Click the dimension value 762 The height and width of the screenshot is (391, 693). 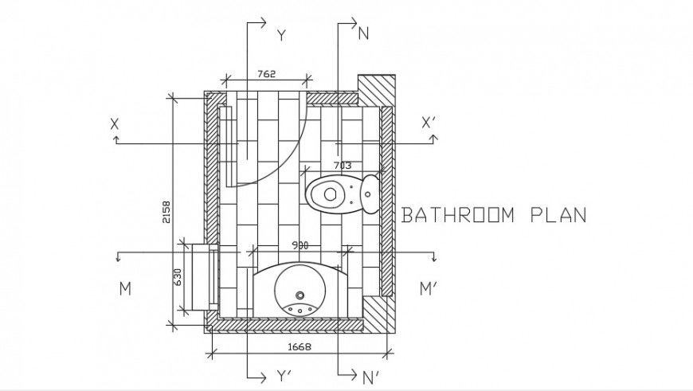pos(267,74)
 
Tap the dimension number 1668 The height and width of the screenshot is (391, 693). pos(299,346)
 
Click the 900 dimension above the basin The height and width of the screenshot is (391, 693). pos(300,245)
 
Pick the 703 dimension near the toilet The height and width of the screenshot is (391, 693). pos(341,165)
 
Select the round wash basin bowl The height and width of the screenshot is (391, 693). pos(300,289)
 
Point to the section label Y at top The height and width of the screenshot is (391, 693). pos(280,35)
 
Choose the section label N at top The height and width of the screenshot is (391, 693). pos(364,33)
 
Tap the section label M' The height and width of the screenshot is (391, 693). pos(429,289)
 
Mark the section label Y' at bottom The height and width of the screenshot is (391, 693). pos(282,376)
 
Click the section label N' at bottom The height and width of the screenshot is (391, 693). pos(370,376)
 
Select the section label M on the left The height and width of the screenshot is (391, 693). pos(125,289)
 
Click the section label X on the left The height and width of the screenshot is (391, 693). pos(115,124)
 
